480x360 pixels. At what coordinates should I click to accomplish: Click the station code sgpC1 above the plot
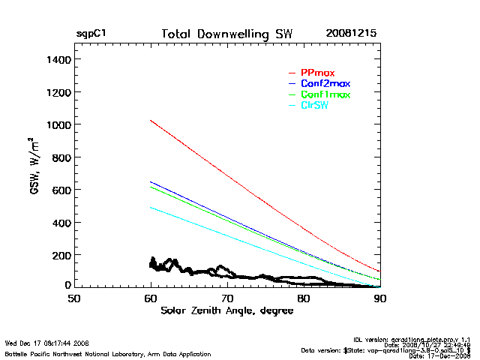click(x=91, y=34)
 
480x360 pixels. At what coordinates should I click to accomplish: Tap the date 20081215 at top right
click(x=351, y=34)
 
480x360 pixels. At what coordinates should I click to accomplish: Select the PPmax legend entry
click(x=317, y=72)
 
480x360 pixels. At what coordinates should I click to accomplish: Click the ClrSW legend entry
click(x=314, y=106)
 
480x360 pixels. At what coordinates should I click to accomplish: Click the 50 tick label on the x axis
click(x=73, y=298)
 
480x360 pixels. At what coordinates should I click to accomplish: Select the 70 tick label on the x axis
click(x=227, y=298)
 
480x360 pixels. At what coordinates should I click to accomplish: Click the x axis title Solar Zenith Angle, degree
click(x=226, y=310)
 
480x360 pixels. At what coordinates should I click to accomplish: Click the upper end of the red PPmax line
click(x=151, y=120)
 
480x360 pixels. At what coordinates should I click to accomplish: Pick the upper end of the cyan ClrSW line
click(x=151, y=207)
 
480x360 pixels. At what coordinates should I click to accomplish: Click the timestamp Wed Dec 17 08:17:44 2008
click(x=47, y=343)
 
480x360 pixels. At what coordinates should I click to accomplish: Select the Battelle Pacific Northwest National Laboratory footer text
click(x=107, y=353)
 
